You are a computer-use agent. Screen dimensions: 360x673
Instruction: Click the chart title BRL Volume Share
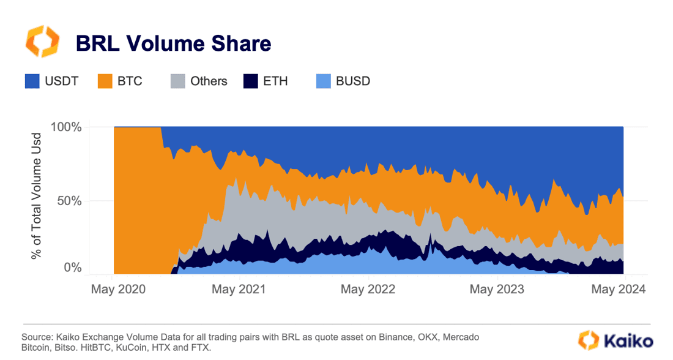pos(173,43)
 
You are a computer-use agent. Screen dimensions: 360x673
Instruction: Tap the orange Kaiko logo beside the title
pos(42,42)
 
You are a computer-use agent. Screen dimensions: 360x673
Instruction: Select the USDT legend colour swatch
pos(32,81)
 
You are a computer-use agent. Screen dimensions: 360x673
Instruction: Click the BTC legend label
pos(129,81)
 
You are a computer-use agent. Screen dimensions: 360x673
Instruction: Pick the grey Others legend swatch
pos(177,81)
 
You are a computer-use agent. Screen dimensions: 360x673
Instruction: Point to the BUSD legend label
pos(353,81)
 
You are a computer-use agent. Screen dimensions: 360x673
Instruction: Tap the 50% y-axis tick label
pos(71,201)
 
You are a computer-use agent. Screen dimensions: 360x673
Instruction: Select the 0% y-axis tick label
pos(74,268)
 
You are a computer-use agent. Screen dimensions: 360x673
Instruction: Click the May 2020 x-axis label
pos(119,289)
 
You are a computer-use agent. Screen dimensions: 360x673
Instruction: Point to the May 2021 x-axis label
pos(239,289)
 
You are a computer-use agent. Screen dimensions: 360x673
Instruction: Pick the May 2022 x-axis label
pos(368,289)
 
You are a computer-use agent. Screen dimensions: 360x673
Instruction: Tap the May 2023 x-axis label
pos(497,289)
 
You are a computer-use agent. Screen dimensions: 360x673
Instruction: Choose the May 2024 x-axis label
pos(618,289)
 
